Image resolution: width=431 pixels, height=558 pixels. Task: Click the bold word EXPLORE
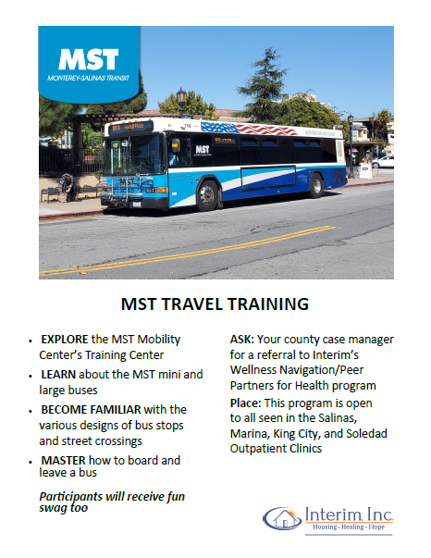(66, 340)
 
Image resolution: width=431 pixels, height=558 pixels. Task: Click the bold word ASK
(242, 340)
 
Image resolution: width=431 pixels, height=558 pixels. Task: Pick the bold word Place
(247, 403)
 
